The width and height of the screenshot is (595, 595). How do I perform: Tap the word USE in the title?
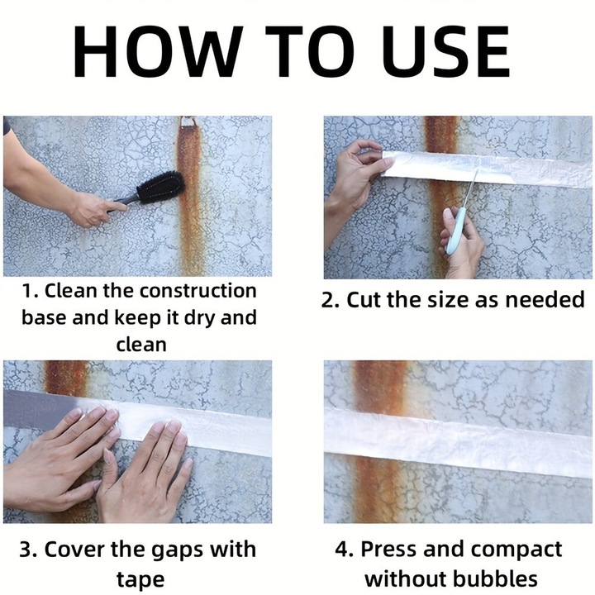(x=445, y=51)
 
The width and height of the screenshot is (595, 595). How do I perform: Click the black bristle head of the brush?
(x=161, y=188)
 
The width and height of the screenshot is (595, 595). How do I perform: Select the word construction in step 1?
(x=198, y=291)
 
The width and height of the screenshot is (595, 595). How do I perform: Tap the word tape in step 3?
(x=140, y=580)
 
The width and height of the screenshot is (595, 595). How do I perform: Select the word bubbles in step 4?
(x=495, y=579)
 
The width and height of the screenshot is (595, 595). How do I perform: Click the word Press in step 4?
(x=390, y=550)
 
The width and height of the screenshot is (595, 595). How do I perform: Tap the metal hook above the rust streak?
(x=188, y=122)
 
